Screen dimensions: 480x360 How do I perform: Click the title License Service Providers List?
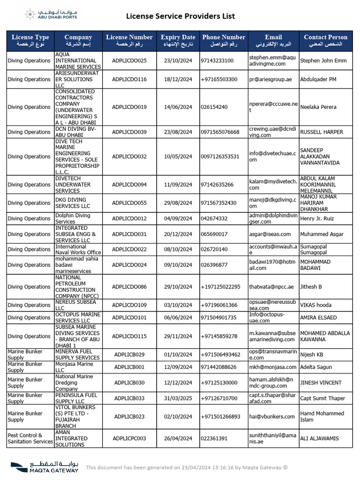[x=180, y=16]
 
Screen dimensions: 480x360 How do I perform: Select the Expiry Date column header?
[x=178, y=40]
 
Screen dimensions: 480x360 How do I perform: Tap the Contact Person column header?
[x=325, y=40]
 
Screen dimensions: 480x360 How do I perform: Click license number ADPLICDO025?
[x=129, y=60]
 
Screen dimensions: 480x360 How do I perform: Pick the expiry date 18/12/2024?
[x=178, y=79]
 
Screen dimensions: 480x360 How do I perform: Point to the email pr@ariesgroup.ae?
[x=270, y=79]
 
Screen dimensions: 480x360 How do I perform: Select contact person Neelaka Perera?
[x=318, y=107]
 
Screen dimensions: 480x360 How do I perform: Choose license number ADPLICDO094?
[x=129, y=185]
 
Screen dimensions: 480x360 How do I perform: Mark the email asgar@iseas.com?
[x=270, y=234]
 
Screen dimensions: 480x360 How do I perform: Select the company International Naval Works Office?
[x=78, y=249]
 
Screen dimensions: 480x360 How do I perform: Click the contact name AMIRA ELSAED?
[x=318, y=317]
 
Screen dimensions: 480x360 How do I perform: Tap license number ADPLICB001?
[x=129, y=367]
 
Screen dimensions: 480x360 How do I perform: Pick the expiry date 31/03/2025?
[x=178, y=398]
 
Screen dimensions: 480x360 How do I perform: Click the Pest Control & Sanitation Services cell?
[x=30, y=438]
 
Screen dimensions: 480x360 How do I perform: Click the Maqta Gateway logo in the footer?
[x=45, y=467]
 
